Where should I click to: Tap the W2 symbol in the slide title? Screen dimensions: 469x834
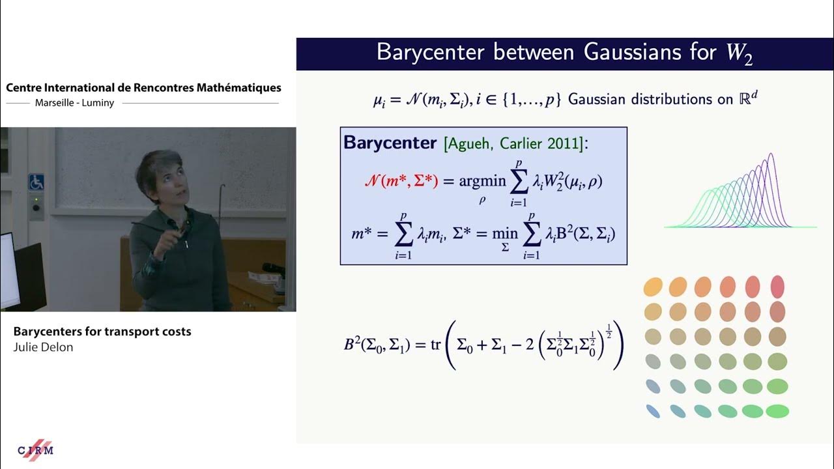[x=740, y=54]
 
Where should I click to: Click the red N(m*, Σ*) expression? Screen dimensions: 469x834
[x=400, y=182]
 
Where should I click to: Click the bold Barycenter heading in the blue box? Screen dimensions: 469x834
[x=390, y=143]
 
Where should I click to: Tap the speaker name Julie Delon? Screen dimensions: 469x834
[x=43, y=347]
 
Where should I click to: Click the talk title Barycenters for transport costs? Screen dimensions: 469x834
[x=102, y=332]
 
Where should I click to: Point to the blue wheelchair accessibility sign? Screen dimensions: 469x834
[x=35, y=181]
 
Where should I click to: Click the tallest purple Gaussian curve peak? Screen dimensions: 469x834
[x=771, y=155]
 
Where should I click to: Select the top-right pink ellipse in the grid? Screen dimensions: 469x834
[x=777, y=286]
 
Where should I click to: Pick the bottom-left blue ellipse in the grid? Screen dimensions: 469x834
[x=653, y=411]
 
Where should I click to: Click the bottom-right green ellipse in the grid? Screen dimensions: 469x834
[x=777, y=411]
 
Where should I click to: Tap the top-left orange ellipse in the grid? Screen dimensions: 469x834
[x=653, y=286]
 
